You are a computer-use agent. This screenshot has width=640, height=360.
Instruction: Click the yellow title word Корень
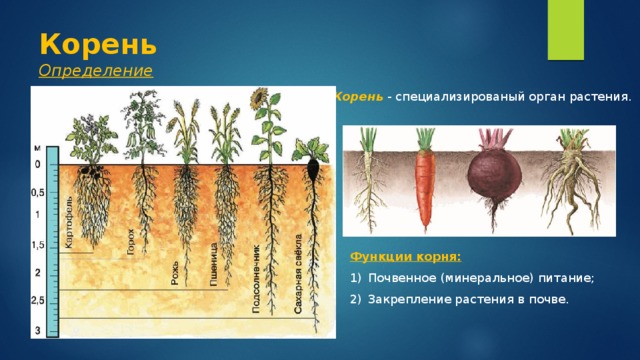point(98,44)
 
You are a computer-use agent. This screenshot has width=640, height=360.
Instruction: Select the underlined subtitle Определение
point(96,71)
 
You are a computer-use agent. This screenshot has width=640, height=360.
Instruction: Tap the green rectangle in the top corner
point(566,30)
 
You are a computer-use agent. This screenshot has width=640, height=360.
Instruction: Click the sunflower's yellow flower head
point(258,98)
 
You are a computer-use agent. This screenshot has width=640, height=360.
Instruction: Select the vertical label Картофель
point(69,222)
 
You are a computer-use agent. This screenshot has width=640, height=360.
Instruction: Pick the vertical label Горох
point(130,241)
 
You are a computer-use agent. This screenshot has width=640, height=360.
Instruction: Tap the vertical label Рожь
point(175,273)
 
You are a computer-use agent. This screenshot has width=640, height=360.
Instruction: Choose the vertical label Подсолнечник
point(256,279)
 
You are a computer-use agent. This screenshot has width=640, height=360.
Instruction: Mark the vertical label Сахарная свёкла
point(298,274)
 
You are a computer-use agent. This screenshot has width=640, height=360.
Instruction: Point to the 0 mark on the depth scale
point(38,164)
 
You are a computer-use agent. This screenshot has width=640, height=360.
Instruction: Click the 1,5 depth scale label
point(38,245)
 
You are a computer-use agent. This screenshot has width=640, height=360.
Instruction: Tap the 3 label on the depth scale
point(38,330)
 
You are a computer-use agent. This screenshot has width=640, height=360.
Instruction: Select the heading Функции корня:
point(406,257)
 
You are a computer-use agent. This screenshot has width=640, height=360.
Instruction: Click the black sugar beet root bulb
point(313,169)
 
